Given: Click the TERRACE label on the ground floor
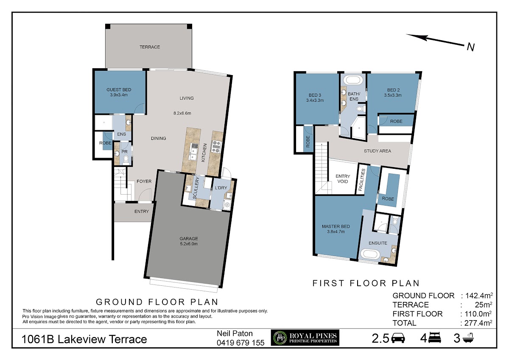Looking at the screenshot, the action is click(149, 47).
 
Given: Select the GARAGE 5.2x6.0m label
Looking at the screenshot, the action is click(189, 241).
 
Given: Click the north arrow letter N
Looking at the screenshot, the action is click(470, 47).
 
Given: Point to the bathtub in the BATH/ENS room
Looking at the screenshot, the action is click(353, 80).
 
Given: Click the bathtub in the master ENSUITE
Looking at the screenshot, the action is click(370, 254).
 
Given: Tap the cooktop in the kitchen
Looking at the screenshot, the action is click(216, 146).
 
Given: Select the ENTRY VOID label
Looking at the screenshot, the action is click(343, 179).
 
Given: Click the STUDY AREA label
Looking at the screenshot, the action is click(377, 151).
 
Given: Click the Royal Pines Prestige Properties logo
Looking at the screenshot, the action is click(305, 338).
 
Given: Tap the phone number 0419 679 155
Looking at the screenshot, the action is click(241, 343).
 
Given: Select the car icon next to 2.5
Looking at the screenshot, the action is click(398, 338).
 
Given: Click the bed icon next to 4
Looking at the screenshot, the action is click(434, 338).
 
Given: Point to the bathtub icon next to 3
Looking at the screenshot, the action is click(467, 338).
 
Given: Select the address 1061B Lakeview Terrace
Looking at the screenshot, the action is click(84, 339).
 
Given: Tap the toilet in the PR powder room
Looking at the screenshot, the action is click(126, 160).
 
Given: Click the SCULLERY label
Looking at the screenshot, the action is click(196, 188).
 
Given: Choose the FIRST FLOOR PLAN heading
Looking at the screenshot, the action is click(366, 283).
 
